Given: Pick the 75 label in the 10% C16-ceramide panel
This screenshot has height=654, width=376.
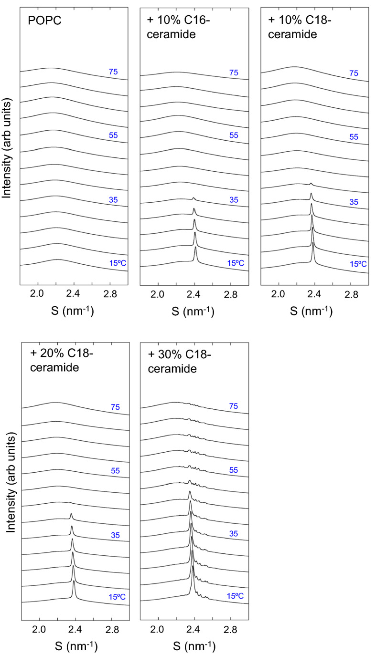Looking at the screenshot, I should point(234,73).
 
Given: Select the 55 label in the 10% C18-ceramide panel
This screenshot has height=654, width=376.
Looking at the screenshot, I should point(354,136).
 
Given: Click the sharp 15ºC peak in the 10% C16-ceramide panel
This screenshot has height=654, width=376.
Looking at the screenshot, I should point(195,248).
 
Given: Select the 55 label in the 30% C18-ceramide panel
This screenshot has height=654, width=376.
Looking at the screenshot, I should point(234,470).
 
